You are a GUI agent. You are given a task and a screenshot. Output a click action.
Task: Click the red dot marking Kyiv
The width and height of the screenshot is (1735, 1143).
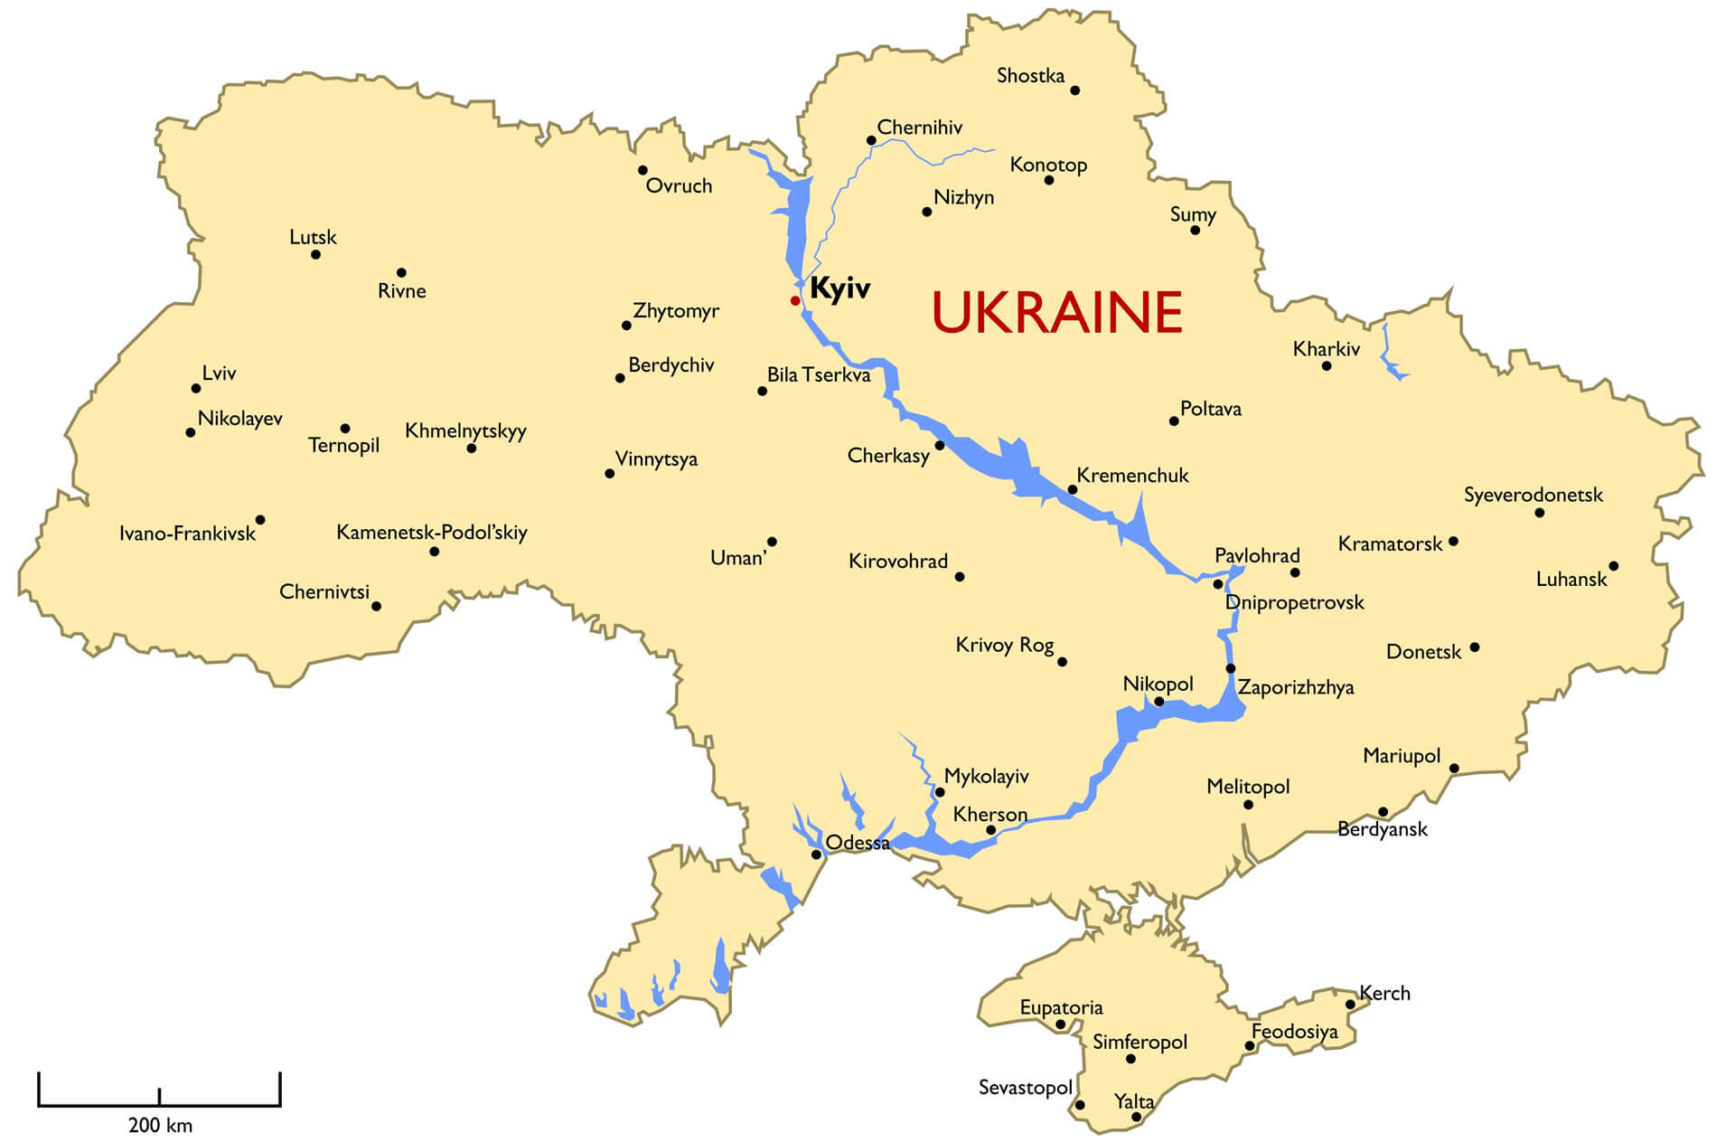tap(795, 300)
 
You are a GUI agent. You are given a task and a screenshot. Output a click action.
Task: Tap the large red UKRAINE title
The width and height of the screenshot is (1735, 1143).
tap(1056, 313)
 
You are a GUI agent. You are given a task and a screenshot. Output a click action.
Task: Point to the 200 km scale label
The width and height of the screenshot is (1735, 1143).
tap(160, 1126)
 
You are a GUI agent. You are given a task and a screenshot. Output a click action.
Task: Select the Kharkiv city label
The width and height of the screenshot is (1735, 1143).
tap(1326, 349)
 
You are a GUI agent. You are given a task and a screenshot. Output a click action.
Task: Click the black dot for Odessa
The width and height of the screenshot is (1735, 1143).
tap(816, 855)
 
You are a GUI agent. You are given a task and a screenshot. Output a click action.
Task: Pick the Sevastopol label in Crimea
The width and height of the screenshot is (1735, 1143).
tap(1025, 1088)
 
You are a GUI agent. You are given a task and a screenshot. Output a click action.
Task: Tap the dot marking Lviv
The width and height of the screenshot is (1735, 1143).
tap(196, 389)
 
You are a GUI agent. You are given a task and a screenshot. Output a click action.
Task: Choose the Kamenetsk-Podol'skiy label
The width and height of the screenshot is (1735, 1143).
tap(431, 533)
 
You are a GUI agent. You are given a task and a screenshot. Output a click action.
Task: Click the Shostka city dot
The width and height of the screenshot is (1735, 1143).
tap(1074, 90)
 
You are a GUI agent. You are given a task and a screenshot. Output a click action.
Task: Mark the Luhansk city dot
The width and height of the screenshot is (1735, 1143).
tap(1613, 566)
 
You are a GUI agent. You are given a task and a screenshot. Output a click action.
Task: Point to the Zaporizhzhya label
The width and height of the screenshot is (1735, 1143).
tap(1295, 688)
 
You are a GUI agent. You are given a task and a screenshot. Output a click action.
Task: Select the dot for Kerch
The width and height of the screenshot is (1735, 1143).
tap(1350, 1005)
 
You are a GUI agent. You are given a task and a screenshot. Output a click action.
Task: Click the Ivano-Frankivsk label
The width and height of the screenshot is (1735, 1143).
tap(187, 534)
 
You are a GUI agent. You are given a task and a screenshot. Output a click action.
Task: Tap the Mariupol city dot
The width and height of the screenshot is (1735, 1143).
tap(1454, 769)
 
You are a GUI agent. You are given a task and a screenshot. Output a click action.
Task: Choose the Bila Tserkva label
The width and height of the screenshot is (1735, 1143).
tap(819, 375)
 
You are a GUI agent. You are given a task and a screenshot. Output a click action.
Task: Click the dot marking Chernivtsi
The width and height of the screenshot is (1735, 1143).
tap(376, 606)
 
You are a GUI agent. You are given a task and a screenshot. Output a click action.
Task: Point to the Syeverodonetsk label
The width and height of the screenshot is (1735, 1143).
tap(1533, 496)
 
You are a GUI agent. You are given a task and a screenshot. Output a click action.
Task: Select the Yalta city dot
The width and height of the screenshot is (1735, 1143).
tap(1137, 1117)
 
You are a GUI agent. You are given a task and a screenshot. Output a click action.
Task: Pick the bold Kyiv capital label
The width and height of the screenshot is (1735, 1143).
tap(839, 289)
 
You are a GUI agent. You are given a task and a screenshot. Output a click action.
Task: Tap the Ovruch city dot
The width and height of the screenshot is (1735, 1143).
tap(642, 170)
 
